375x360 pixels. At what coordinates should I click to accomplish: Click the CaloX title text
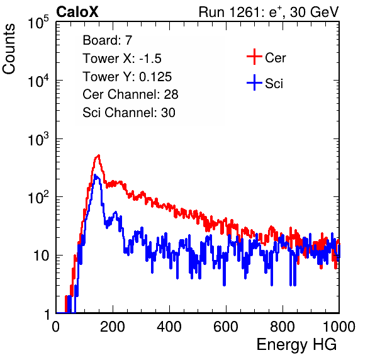(77, 12)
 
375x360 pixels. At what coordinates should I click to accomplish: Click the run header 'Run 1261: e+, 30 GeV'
(269, 12)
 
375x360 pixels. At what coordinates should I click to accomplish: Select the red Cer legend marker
(254, 57)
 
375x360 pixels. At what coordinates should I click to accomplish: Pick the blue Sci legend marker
(254, 82)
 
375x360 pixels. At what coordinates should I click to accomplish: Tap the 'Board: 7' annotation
(108, 40)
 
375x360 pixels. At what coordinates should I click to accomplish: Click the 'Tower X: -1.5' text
(122, 59)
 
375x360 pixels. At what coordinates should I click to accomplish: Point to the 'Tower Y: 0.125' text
(127, 77)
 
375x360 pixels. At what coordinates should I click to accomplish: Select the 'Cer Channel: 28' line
(130, 94)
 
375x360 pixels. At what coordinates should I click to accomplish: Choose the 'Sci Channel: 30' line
(129, 113)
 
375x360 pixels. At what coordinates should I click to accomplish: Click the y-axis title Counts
(9, 48)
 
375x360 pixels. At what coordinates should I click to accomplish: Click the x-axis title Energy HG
(296, 345)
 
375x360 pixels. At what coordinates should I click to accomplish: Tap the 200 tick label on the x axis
(113, 327)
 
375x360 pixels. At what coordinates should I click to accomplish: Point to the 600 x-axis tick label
(226, 327)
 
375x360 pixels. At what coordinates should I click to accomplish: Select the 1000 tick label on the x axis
(339, 327)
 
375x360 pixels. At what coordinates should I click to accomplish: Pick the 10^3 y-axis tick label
(38, 139)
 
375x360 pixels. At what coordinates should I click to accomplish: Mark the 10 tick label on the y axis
(42, 256)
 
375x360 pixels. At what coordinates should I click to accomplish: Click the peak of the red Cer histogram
(98, 155)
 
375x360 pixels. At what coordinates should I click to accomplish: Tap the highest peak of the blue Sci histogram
(95, 176)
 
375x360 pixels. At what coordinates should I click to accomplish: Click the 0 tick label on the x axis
(56, 327)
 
